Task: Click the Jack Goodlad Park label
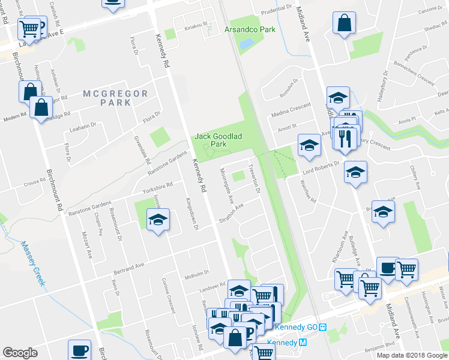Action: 218,140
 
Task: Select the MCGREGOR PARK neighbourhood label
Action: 107,98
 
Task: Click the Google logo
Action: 20,352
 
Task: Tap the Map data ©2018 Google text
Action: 412,355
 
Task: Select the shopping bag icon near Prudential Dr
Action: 344,24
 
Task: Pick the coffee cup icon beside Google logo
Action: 79,350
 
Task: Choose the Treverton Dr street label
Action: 254,179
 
